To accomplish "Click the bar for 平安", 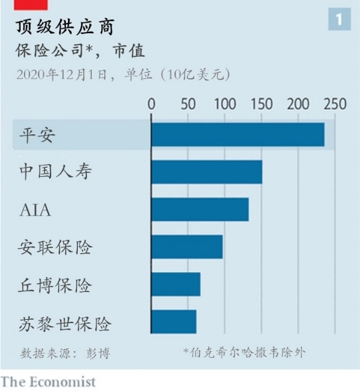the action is [238, 134].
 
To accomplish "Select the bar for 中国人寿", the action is [207, 172].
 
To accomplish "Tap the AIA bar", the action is [200, 209].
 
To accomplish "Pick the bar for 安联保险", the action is [187, 247].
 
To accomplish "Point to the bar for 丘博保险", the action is [176, 285].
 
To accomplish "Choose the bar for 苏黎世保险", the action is [174, 322].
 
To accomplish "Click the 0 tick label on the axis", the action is [152, 104].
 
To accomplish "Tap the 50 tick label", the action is [188, 104].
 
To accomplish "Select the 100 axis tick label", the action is [225, 104].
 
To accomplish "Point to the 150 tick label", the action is [262, 104].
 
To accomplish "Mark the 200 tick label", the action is [298, 104].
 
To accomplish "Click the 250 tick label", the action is [335, 104].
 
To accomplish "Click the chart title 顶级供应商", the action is [65, 27].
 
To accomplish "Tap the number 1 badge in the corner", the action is [339, 19].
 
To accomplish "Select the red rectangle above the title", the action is [31, 5].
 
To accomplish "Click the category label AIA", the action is [35, 209].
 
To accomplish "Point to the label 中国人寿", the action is [56, 172].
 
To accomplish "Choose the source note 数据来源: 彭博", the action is [65, 353].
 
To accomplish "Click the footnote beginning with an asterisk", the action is [244, 352].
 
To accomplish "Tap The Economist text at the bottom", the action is [48, 382].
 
